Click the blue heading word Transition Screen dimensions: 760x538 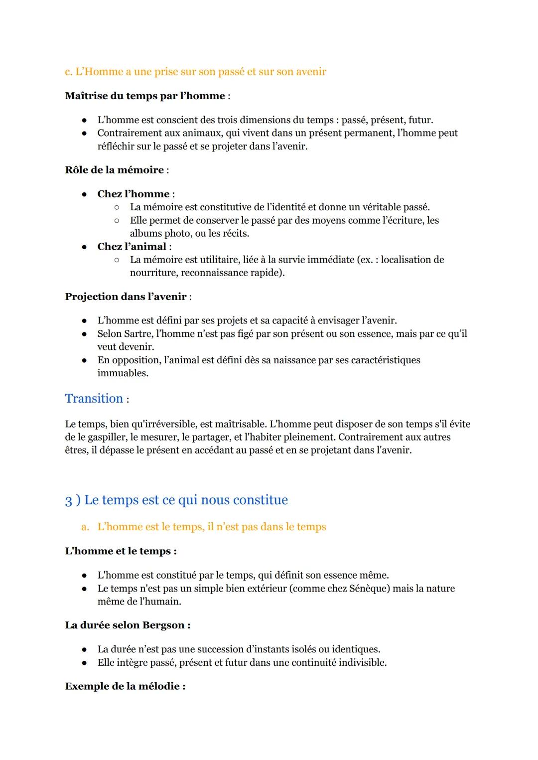(94, 399)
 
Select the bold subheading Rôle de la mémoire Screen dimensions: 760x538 (114, 170)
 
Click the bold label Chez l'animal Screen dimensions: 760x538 (132, 247)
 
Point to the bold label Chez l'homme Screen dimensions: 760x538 (133, 194)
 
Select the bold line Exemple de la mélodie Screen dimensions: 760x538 (125, 686)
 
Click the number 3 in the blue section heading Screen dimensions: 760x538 (68, 500)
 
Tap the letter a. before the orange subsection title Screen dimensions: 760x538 (85, 527)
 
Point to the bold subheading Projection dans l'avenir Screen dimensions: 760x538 (126, 297)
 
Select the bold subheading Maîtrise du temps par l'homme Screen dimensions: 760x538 (144, 96)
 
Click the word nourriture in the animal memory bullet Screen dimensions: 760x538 (153, 273)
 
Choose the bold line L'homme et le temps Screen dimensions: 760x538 (121, 551)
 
